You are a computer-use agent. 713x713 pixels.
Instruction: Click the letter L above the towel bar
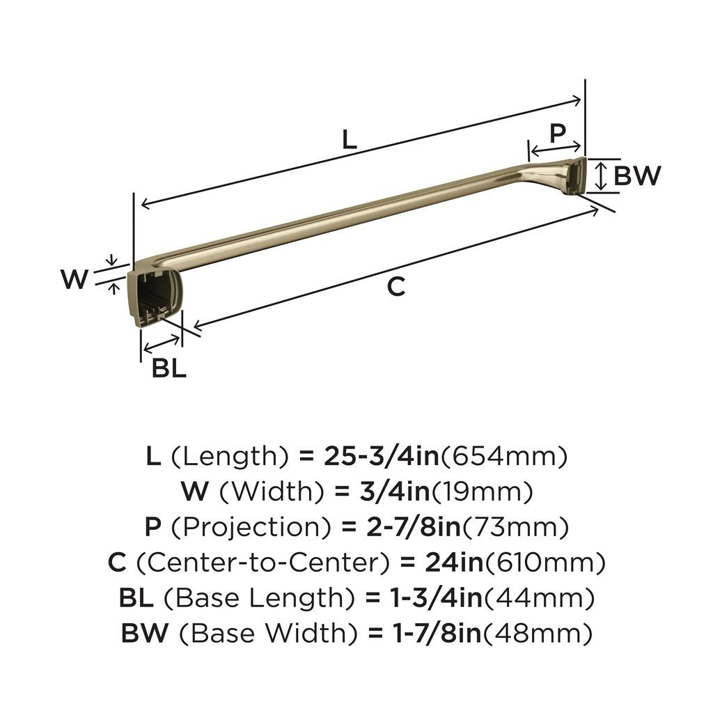(349, 139)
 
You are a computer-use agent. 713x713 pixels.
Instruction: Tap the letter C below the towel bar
(395, 286)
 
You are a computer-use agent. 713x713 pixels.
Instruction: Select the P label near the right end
(557, 132)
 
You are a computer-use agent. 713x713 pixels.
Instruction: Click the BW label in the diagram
(636, 176)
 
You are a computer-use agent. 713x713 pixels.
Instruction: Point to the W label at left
(75, 279)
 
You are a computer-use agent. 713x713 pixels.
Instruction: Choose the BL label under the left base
(169, 368)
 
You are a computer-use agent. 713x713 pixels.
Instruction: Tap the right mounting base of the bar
(575, 175)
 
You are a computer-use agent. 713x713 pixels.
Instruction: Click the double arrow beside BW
(601, 175)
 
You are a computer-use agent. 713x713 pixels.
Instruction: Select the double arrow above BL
(161, 343)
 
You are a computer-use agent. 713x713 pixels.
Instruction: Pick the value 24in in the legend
(444, 563)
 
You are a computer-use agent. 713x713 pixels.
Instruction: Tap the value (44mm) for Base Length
(540, 598)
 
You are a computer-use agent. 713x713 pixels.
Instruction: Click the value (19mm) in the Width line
(483, 492)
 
